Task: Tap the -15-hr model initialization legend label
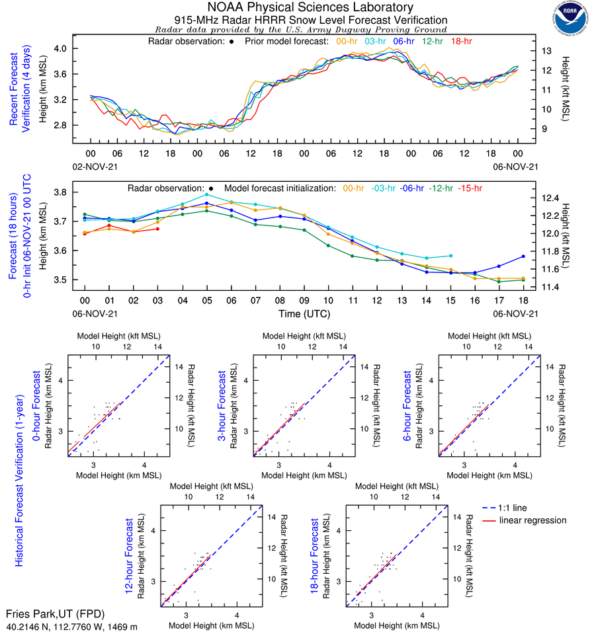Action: click(470, 188)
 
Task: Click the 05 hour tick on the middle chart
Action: click(206, 300)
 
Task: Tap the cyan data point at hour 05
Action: click(206, 194)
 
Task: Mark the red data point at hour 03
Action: click(157, 229)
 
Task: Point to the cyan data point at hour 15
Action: click(450, 255)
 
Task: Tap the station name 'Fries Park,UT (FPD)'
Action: click(55, 614)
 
